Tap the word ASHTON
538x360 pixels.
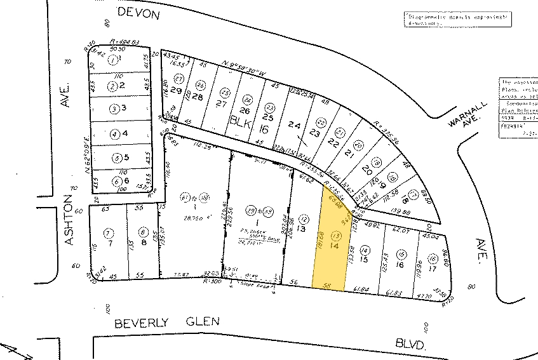tap(72, 225)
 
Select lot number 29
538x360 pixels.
tap(175, 91)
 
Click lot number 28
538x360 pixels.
tap(198, 97)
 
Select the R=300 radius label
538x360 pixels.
tap(213, 279)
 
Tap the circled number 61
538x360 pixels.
tap(185, 196)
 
